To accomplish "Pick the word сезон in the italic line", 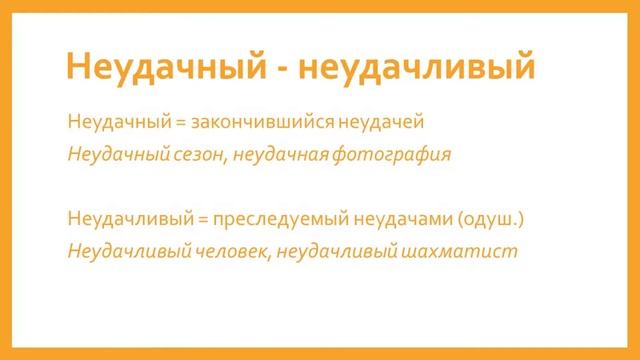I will (x=192, y=154).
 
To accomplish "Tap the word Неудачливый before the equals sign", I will (x=115, y=217).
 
